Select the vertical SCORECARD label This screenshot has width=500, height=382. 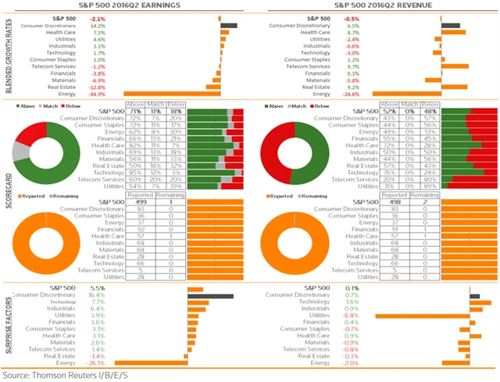pyautogui.click(x=8, y=189)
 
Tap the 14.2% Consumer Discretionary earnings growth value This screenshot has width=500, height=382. pyautogui.click(x=98, y=25)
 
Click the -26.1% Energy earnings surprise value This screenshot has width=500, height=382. pyautogui.click(x=97, y=362)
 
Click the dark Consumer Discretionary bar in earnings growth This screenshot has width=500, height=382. pyautogui.click(x=228, y=25)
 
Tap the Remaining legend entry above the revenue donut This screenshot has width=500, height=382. pyautogui.click(x=323, y=196)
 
